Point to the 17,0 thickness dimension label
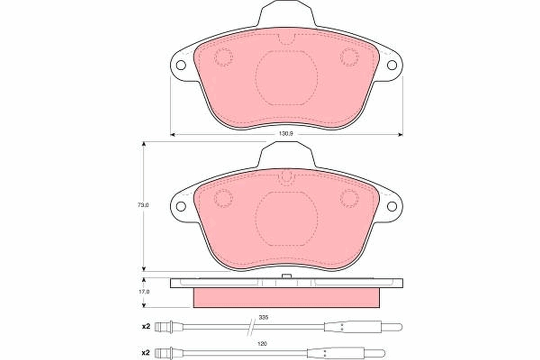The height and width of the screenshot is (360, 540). (x=144, y=292)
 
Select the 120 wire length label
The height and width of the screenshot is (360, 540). (x=263, y=344)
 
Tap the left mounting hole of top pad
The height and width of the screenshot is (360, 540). (x=181, y=65)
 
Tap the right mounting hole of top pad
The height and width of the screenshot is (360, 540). (x=392, y=65)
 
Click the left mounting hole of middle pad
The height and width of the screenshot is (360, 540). (x=181, y=206)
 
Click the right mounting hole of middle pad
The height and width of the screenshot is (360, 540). (x=392, y=206)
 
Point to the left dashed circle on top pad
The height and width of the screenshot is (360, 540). (x=223, y=57)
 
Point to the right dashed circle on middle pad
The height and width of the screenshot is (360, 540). (x=349, y=198)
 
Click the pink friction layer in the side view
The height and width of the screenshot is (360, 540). (x=286, y=298)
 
